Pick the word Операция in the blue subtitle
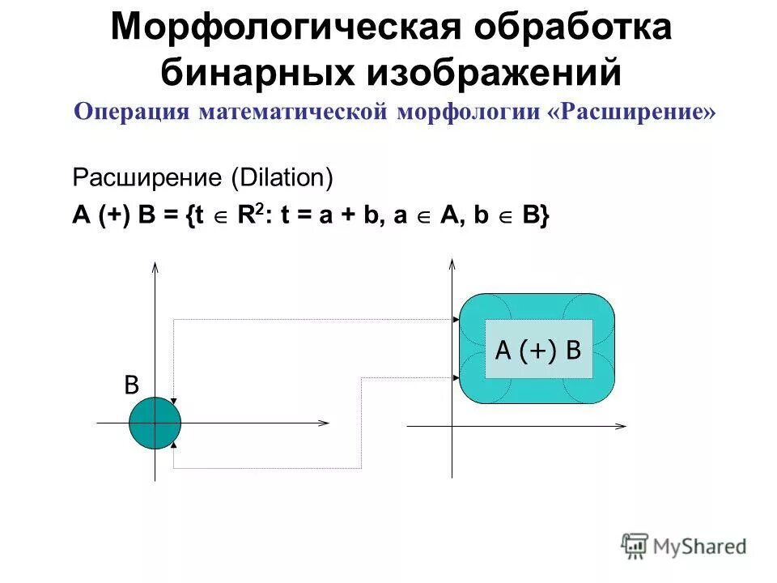pos(132,112)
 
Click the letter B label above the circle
pos(130,385)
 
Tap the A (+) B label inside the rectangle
pos(538,350)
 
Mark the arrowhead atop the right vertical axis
pos(452,263)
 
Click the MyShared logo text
pos(700,547)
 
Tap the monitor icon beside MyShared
pos(635,545)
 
